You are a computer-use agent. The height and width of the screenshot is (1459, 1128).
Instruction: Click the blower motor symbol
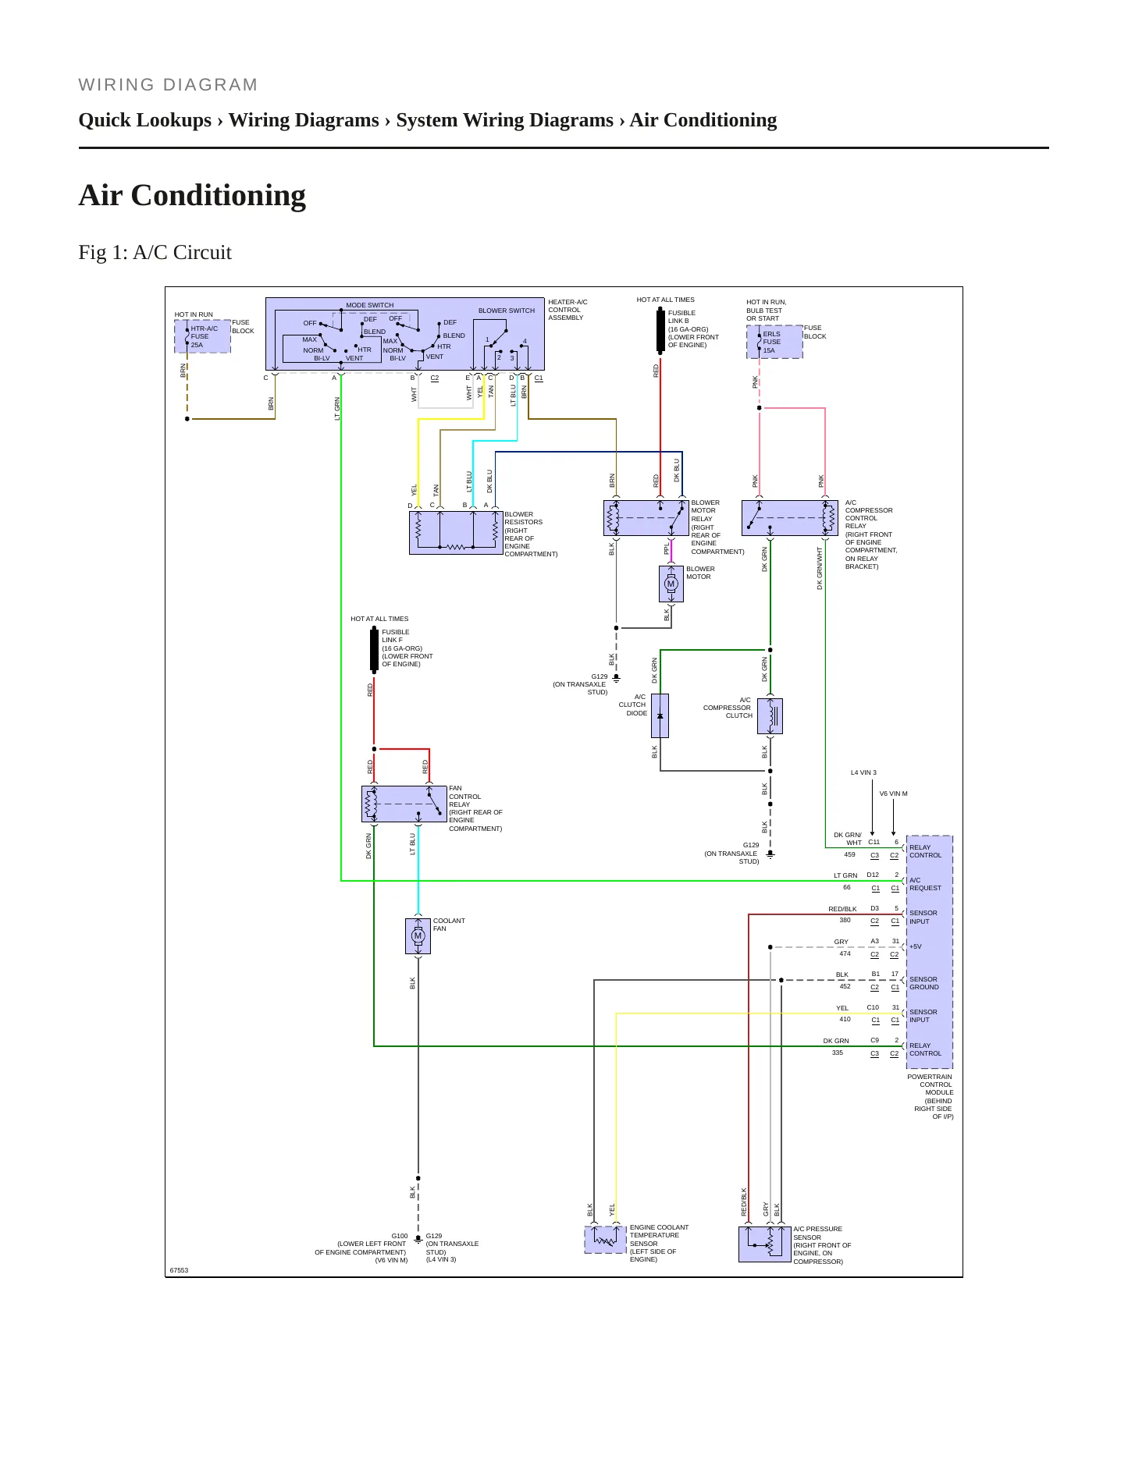(x=671, y=584)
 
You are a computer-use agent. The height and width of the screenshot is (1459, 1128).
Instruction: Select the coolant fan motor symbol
(x=418, y=935)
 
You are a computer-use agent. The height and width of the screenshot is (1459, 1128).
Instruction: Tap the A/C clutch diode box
(x=660, y=715)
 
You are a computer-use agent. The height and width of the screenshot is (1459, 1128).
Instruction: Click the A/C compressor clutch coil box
(x=770, y=715)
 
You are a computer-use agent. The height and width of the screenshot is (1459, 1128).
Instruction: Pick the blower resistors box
(x=456, y=533)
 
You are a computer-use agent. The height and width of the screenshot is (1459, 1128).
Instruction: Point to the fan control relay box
(x=404, y=804)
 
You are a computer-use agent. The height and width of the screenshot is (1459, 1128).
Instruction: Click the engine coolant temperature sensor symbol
(x=605, y=1240)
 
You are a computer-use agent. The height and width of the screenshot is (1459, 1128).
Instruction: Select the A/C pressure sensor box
(x=764, y=1244)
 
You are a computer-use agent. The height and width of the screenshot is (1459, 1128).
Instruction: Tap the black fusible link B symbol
(x=660, y=331)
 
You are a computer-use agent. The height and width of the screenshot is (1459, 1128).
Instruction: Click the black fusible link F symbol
(x=374, y=649)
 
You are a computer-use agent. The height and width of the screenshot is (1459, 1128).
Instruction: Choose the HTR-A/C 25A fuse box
(x=202, y=336)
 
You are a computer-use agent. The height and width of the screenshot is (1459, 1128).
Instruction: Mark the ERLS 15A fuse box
(x=774, y=342)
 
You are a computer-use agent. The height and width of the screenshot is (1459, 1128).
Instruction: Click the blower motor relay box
(x=646, y=517)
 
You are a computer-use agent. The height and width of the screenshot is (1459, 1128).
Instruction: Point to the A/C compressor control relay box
(x=789, y=517)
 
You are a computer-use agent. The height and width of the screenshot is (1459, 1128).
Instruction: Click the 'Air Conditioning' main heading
(x=192, y=195)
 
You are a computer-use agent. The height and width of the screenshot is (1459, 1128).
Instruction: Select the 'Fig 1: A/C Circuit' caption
(x=155, y=252)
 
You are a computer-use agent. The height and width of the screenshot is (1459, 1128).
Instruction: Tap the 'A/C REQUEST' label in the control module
(x=925, y=884)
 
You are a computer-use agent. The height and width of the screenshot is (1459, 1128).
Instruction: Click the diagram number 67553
(x=179, y=1270)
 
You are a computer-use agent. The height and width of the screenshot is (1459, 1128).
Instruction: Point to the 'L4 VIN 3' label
(x=863, y=772)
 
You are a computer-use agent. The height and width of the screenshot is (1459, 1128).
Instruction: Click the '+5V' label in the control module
(x=915, y=946)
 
